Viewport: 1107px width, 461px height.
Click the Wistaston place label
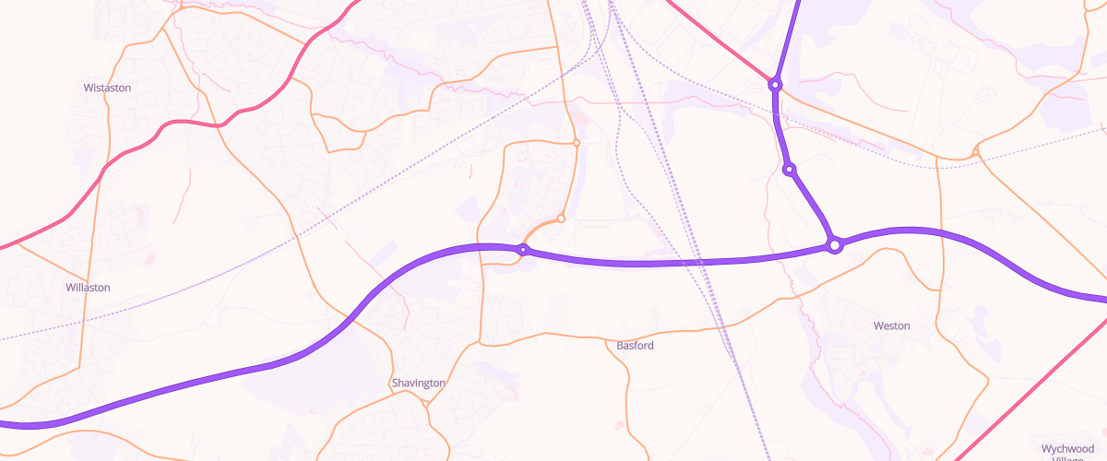(x=107, y=88)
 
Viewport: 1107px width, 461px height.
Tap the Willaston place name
(x=88, y=288)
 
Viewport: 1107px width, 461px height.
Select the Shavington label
(x=418, y=383)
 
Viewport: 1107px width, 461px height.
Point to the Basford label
(x=635, y=346)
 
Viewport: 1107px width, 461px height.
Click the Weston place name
(x=891, y=325)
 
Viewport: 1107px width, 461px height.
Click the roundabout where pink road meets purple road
(x=776, y=85)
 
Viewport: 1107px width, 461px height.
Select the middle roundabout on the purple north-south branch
(x=790, y=170)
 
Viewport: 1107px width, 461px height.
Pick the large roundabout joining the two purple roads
(x=835, y=245)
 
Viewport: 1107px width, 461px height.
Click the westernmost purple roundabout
(x=523, y=250)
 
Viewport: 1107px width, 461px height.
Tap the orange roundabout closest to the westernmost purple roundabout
(x=561, y=219)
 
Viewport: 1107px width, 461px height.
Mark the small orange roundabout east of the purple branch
(x=976, y=150)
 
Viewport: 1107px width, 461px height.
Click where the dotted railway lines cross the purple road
(x=701, y=263)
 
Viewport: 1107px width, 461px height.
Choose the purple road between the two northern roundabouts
(x=780, y=129)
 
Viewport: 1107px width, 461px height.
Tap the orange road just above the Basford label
(x=637, y=333)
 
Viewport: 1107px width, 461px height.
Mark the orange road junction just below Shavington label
(x=425, y=403)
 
